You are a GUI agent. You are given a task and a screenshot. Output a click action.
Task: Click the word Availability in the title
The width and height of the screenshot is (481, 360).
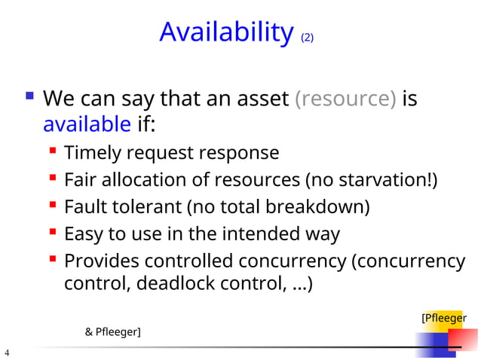click(226, 32)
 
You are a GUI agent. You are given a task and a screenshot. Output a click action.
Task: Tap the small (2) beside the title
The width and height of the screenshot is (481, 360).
click(307, 37)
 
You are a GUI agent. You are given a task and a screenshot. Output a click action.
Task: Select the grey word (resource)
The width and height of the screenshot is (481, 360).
click(346, 99)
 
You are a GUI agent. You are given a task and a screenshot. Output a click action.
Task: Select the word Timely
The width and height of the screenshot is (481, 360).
click(93, 153)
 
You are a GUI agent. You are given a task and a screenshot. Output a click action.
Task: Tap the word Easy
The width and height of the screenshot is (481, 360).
click(84, 234)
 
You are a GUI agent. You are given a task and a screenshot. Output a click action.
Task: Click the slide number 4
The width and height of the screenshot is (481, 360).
click(7, 352)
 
